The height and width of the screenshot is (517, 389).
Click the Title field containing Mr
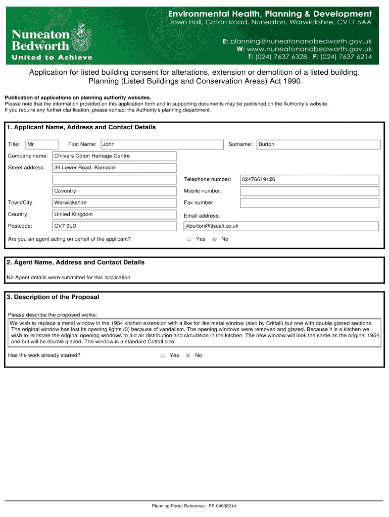(42, 144)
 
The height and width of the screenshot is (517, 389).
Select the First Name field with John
(162, 144)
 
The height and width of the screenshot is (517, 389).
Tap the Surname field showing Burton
(318, 144)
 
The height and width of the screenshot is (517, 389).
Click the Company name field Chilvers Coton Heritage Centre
(115, 156)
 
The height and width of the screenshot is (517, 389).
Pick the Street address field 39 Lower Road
(115, 168)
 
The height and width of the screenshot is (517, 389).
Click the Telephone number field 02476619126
(309, 179)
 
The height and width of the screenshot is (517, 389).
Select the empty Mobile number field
(309, 191)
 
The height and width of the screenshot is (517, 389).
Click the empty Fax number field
(309, 203)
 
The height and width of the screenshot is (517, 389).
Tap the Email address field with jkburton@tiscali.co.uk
(281, 226)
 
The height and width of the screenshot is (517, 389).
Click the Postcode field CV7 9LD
(115, 226)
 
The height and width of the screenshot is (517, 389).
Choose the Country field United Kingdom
(115, 215)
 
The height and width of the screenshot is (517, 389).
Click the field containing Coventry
(115, 191)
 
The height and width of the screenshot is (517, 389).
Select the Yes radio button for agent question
(189, 239)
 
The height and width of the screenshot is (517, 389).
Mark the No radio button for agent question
(214, 239)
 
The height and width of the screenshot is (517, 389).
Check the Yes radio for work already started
(163, 355)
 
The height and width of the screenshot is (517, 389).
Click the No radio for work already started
(188, 355)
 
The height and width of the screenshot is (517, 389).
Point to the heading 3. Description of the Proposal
(53, 297)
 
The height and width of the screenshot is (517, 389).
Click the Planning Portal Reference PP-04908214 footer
(194, 506)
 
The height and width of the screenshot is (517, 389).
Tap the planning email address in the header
(302, 41)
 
